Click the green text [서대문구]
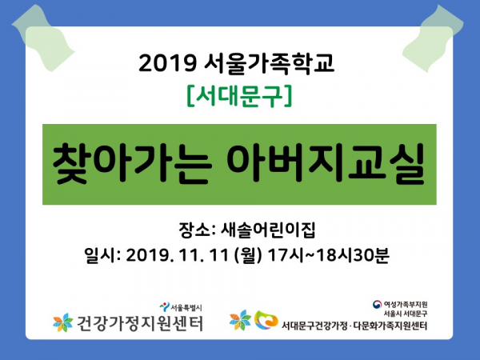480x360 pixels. pos(239,95)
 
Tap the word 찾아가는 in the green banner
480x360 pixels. pos(132,164)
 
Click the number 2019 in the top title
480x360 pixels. pos(167,63)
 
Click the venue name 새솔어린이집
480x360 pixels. pos(268,230)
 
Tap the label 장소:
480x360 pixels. pos(197,230)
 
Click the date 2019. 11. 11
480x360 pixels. pos(178,254)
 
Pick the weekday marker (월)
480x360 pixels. pos(248,255)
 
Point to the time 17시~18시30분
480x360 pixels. pos(328,254)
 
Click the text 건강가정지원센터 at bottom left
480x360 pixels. pos(139,323)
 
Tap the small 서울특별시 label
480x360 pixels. pos(186,307)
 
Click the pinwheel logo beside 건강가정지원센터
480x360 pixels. pos(63,322)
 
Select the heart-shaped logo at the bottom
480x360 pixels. pos(266,320)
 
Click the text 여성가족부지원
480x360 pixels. pos(405,305)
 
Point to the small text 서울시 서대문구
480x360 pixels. pos(406,314)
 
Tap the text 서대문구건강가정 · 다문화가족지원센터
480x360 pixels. pos(354,325)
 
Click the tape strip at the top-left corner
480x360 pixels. pos(43,38)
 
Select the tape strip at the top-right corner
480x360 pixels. pos(433,38)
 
